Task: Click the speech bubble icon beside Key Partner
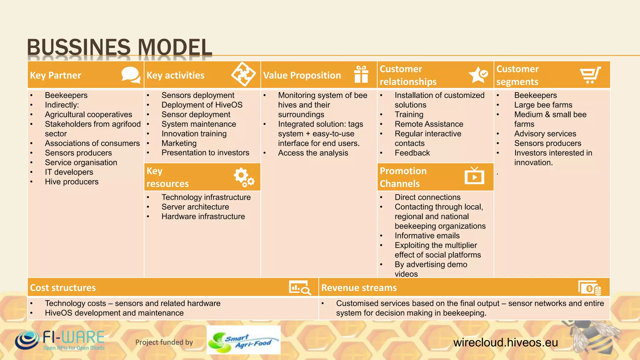131,75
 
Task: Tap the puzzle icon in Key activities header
243,74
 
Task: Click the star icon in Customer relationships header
478,75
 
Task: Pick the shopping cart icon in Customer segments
590,75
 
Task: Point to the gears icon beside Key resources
244,177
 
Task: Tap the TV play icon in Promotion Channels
474,176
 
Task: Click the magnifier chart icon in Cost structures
300,287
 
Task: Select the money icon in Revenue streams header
589,287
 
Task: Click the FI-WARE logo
60,340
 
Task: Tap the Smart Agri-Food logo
243,340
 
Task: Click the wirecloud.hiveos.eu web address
505,342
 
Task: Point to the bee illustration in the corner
591,339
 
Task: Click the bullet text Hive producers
72,182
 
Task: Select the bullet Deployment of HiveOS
202,105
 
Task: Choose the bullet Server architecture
195,207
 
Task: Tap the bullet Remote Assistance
429,124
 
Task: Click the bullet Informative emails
427,236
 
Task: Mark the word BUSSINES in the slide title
78,47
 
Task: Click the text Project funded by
164,342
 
